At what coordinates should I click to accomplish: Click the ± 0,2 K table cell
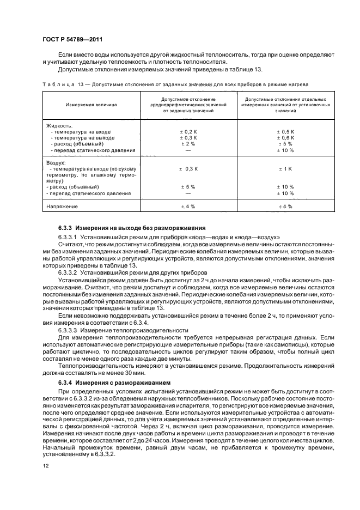[x=187, y=132]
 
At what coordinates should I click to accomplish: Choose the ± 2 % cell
[x=187, y=144]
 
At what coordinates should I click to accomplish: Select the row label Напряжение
[x=62, y=207]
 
